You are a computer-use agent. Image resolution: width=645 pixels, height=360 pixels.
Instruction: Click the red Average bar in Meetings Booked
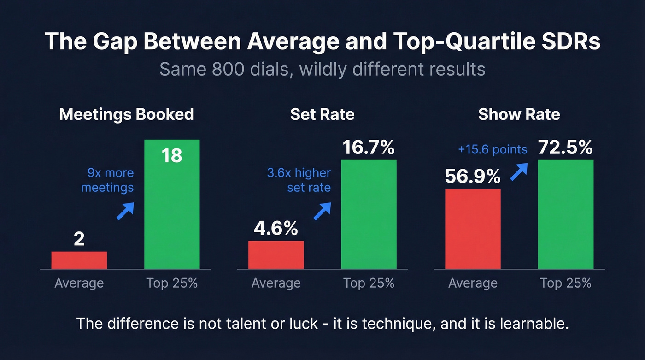coord(79,260)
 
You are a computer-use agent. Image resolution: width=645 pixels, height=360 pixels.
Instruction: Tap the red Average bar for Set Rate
coord(276,254)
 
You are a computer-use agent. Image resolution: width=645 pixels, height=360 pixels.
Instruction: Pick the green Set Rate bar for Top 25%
coord(369,214)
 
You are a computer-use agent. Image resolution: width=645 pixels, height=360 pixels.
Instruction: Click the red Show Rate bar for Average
coord(473,229)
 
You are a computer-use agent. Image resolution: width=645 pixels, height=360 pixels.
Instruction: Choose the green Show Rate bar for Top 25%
coord(565,214)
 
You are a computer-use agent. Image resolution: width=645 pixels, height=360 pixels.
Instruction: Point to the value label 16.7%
coord(369,148)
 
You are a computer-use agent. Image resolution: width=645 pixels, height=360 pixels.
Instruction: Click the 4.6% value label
coord(276,229)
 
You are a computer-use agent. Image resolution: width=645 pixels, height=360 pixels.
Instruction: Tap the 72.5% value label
coord(565,148)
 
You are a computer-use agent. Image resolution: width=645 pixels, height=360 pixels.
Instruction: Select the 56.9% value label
coord(473,177)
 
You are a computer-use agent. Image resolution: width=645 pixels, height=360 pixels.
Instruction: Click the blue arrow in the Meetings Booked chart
coord(125,211)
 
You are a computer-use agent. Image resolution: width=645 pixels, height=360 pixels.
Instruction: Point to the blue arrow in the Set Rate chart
coord(322,211)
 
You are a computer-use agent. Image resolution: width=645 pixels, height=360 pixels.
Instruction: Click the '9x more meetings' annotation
coord(107,180)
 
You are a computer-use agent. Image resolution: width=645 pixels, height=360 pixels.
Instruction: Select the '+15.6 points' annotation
coord(493,149)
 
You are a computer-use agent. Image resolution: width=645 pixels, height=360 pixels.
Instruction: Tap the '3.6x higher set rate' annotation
coord(299,180)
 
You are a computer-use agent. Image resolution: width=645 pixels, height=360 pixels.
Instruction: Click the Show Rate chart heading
coord(519,114)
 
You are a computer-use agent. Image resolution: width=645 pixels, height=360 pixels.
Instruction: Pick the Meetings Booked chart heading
coord(126,114)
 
